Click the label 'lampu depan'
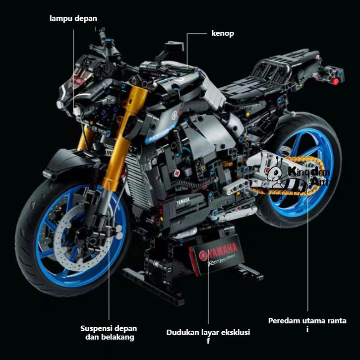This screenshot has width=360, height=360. [73, 19]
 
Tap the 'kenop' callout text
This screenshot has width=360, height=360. [223, 34]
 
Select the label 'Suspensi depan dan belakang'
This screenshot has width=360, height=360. [109, 333]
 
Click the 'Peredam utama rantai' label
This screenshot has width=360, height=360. [307, 324]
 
